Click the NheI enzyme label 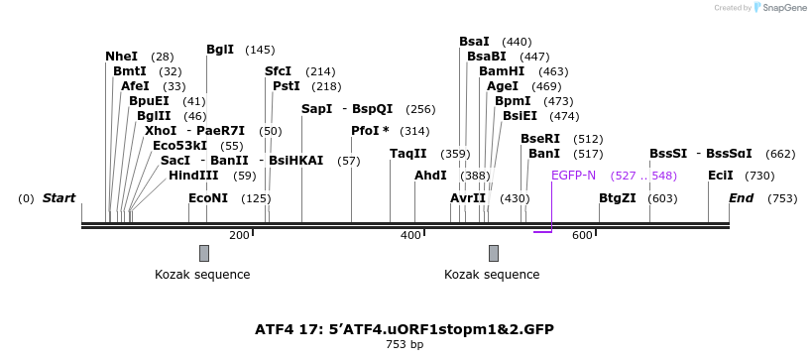coord(121,57)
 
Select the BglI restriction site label coord(220,50)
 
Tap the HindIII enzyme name coord(193,176)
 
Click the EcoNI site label coord(208,198)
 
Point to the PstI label coord(287,86)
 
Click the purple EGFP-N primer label coord(573,176)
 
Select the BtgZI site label coord(617,198)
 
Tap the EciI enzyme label coord(721,176)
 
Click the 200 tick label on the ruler coord(239,235)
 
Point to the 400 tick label coord(410,235)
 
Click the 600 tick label coord(582,235)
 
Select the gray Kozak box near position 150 coord(204,253)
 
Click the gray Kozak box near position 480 coord(493,253)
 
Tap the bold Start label coord(58,198)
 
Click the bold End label coord(742,198)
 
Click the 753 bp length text coord(405,345)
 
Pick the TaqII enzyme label coord(407,154)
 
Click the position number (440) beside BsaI coord(517,42)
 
